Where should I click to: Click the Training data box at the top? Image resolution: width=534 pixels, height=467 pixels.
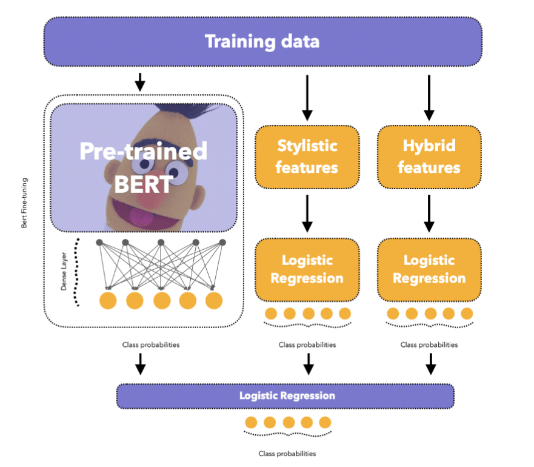pyautogui.click(x=262, y=42)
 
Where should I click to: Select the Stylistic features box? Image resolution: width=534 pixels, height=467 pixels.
pyautogui.click(x=307, y=156)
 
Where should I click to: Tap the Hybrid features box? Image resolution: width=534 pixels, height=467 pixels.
pyautogui.click(x=429, y=156)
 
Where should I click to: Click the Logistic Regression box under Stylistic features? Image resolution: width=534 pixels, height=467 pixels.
pyautogui.click(x=307, y=270)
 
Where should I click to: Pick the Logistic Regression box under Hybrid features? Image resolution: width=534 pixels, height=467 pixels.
pyautogui.click(x=429, y=270)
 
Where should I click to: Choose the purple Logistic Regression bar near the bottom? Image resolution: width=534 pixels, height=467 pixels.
pyautogui.click(x=285, y=395)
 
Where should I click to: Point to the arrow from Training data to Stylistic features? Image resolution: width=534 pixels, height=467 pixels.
pyautogui.click(x=307, y=98)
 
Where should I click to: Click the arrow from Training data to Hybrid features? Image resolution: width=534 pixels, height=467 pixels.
pyautogui.click(x=429, y=98)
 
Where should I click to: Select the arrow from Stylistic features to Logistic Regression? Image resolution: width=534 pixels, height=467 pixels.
pyautogui.click(x=307, y=212)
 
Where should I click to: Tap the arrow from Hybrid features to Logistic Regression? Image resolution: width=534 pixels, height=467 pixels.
pyautogui.click(x=429, y=212)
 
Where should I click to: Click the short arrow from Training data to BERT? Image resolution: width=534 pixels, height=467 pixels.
pyautogui.click(x=140, y=81)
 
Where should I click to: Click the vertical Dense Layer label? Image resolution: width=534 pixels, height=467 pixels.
pyautogui.click(x=64, y=276)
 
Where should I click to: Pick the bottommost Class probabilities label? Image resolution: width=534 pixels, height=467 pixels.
pyautogui.click(x=287, y=453)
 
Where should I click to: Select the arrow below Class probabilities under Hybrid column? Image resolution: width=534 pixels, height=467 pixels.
pyautogui.click(x=431, y=364)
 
